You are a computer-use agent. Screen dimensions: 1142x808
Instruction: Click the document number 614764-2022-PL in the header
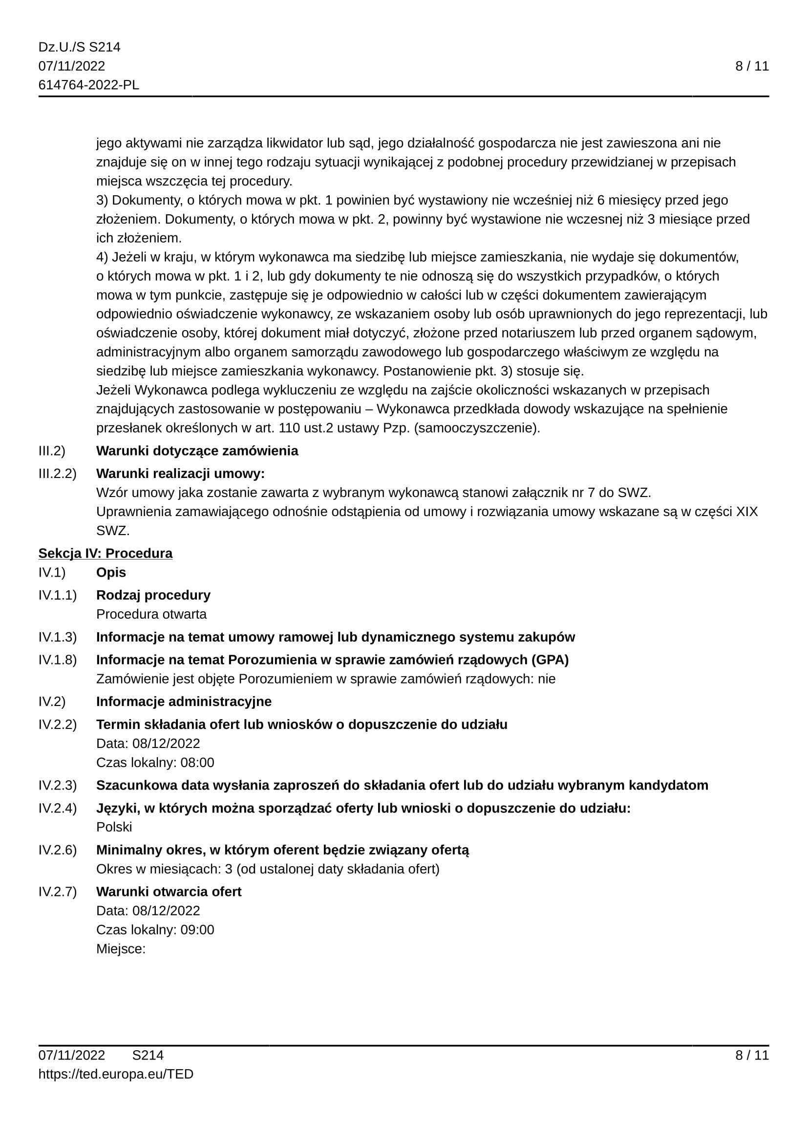88,85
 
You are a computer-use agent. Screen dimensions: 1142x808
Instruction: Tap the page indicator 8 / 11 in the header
752,66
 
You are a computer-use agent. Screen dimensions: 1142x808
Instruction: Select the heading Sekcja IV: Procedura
106,553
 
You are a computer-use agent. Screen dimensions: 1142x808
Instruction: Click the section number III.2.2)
58,474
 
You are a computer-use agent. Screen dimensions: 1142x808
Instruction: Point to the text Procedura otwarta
151,614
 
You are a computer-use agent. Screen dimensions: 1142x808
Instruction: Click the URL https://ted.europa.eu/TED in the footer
116,1074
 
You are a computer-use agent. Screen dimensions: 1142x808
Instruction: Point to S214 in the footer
148,1055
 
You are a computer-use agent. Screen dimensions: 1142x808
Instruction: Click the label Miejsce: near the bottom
121,949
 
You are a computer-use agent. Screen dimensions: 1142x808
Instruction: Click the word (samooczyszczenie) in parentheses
477,428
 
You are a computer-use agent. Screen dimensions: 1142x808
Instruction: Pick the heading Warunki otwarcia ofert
169,892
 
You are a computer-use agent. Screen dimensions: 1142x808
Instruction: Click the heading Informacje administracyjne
184,701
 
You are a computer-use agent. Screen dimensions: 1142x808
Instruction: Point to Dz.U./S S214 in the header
80,47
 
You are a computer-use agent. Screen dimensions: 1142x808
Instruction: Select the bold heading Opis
111,573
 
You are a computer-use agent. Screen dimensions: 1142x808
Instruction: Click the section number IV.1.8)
58,660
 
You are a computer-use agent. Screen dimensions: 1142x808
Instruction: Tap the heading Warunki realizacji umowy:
180,474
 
